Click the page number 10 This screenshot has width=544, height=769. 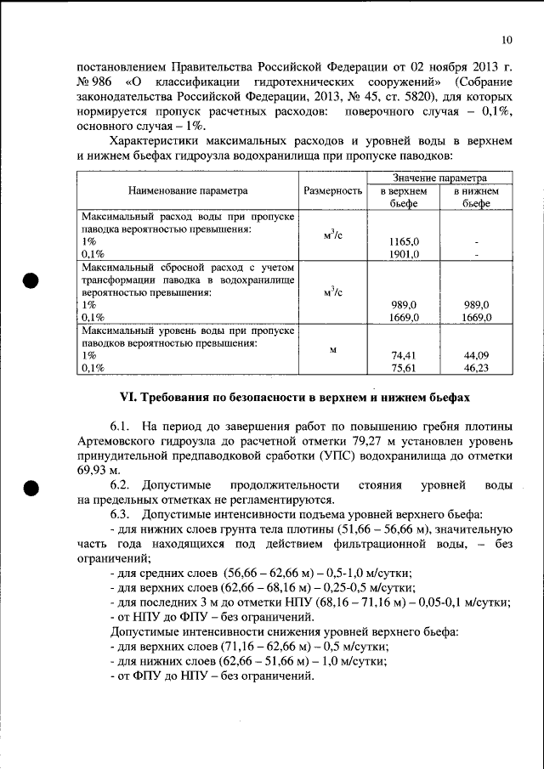click(507, 39)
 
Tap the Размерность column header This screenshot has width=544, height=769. click(333, 191)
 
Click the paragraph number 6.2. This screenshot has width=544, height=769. click(120, 485)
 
